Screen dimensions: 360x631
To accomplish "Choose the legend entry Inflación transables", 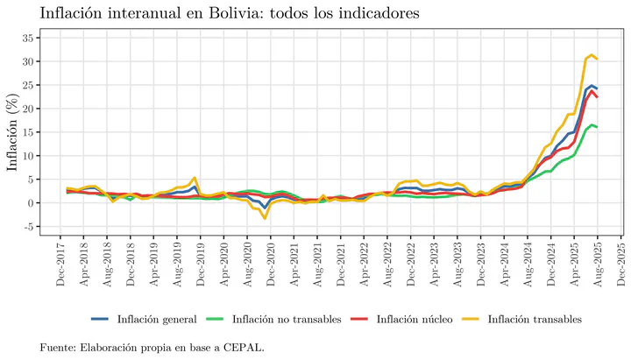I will (535, 318).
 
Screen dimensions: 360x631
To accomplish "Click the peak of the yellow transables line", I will (592, 55).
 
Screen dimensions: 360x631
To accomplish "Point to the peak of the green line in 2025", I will (592, 125).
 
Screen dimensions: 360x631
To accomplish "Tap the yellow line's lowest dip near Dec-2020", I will (265, 218).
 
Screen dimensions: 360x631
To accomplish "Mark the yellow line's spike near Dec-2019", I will (195, 178).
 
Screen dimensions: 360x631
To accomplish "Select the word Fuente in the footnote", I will (58, 348).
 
